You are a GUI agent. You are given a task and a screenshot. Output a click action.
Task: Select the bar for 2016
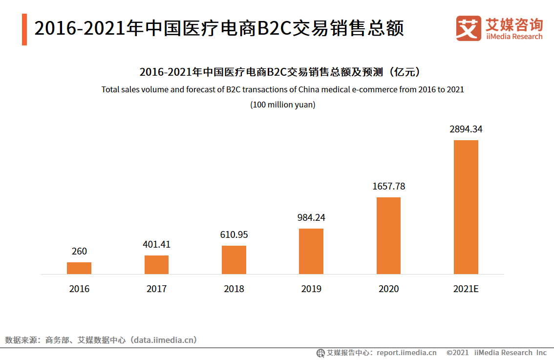tap(79, 268)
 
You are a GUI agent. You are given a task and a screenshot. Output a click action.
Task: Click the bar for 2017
tap(156, 265)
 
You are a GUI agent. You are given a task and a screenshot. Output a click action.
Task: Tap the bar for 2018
tap(234, 260)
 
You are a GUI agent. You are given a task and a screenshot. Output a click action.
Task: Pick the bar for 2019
tap(311, 251)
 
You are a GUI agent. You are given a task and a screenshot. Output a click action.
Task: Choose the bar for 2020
tap(388, 235)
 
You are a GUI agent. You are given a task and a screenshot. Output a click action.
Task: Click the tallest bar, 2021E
tap(466, 207)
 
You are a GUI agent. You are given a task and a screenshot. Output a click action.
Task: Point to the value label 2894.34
tap(466, 129)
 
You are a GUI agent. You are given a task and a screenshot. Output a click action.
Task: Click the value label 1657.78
tap(388, 187)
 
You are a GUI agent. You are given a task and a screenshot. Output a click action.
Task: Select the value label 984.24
tap(311, 218)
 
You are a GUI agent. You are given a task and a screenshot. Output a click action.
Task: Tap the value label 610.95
tap(234, 235)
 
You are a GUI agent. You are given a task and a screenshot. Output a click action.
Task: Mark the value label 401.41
tap(156, 245)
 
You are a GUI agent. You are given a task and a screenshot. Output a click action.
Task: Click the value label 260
tap(79, 252)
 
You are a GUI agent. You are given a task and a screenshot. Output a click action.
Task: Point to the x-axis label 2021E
tap(466, 289)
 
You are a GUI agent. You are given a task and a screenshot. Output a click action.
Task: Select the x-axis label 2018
tap(234, 289)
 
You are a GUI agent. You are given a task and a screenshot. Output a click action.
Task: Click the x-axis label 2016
tap(79, 289)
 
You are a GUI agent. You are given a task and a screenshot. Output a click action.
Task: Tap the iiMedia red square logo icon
tap(469, 28)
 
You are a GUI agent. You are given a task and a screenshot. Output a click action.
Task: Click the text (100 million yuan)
tap(283, 105)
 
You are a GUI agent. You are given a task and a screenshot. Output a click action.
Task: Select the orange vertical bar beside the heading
tap(24, 29)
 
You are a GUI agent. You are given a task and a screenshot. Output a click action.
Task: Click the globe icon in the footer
tap(320, 353)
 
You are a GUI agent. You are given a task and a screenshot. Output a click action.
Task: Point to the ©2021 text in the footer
tap(457, 353)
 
